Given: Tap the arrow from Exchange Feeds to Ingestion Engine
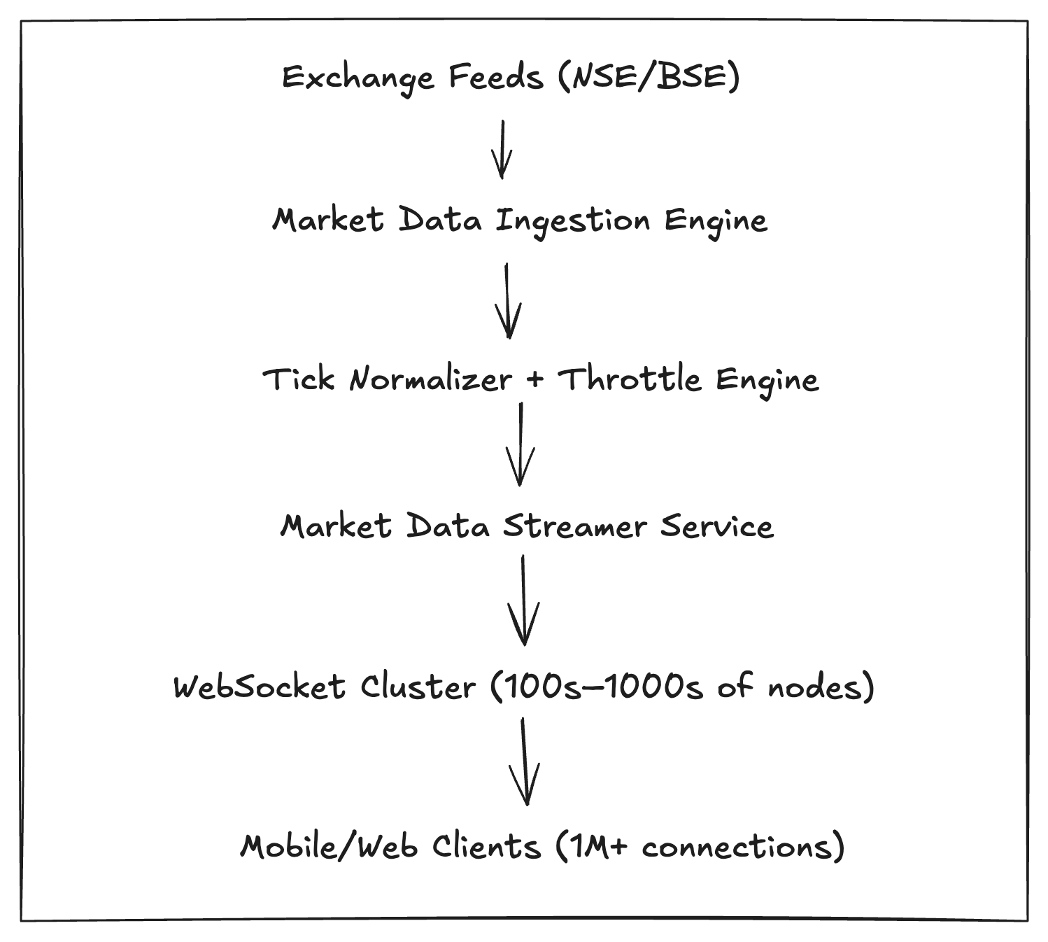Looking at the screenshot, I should (x=502, y=149).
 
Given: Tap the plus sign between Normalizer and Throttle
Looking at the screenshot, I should (x=535, y=380).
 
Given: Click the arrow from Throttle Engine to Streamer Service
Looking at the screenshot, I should (x=520, y=444).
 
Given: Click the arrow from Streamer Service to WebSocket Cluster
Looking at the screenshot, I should (x=523, y=599).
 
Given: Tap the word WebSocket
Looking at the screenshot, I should (x=260, y=687).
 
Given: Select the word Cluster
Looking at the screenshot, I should (x=418, y=687).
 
